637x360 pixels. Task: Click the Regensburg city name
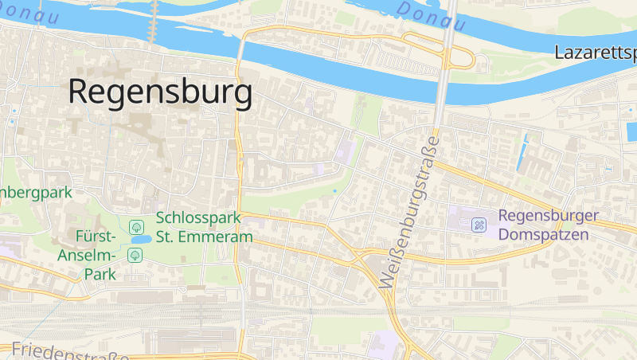coord(160,92)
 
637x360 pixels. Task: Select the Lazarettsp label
coord(596,54)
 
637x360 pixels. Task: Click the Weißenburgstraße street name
coord(411,212)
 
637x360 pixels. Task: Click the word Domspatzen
coord(544,235)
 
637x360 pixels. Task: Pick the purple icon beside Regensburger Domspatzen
coord(479,225)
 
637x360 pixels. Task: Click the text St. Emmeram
coord(204,237)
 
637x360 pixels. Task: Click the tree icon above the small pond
coord(135,227)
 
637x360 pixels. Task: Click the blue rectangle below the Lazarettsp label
coord(631,131)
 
